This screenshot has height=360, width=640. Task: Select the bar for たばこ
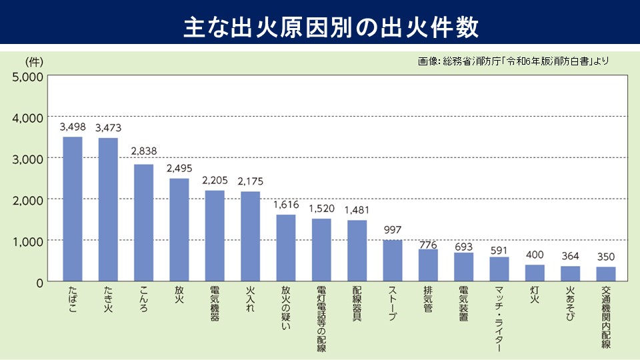coord(72,209)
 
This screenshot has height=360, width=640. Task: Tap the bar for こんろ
coord(143,223)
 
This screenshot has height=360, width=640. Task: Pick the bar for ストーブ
coord(393,261)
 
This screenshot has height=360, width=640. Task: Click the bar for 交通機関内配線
coord(606,274)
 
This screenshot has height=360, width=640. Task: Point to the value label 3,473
coord(109,127)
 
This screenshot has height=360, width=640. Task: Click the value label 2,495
coord(179,168)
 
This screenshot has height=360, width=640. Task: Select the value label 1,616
coord(286,204)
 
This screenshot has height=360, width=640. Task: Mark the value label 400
coord(535,254)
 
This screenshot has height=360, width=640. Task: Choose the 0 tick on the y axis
coord(39,282)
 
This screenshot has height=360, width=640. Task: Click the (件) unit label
coord(34,62)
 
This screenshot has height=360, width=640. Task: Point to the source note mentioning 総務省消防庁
coord(513,61)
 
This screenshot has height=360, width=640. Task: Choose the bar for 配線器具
coord(357,251)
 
